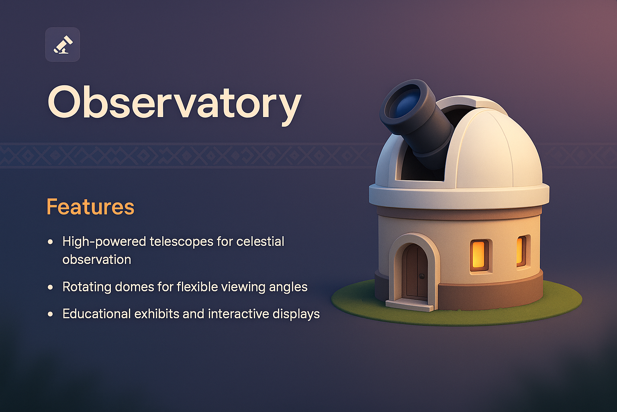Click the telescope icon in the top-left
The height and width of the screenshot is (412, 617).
(63, 45)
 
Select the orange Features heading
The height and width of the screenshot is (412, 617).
(90, 207)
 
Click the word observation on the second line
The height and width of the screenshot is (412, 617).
(97, 260)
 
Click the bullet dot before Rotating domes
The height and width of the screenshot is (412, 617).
(50, 287)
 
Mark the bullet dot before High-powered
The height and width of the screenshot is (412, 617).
(50, 242)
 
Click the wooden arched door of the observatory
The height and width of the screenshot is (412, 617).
(415, 273)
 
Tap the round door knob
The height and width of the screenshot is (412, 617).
(422, 276)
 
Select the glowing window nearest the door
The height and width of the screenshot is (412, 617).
(479, 255)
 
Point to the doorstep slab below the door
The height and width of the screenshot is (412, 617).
(410, 305)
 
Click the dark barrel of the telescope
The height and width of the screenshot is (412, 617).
(430, 133)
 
